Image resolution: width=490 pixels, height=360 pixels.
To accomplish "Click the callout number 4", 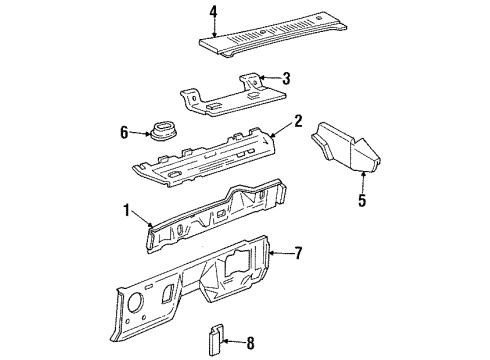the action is (x=213, y=12).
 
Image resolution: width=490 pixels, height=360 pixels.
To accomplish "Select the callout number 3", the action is (x=286, y=79).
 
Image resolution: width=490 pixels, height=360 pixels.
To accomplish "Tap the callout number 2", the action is (x=298, y=121).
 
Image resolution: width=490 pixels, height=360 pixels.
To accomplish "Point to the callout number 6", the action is (x=124, y=133).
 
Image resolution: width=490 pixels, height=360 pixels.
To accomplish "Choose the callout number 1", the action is (x=126, y=211).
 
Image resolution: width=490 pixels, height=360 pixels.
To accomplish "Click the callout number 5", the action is (x=362, y=200).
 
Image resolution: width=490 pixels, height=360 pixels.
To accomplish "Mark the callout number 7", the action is (x=298, y=253).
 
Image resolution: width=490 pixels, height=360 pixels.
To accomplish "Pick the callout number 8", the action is (x=250, y=343).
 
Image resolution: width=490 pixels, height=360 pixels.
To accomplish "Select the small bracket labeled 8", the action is (x=216, y=339).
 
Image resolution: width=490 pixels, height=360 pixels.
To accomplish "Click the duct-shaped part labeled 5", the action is (x=347, y=148).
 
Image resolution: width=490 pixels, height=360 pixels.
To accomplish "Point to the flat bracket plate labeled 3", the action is (x=233, y=96).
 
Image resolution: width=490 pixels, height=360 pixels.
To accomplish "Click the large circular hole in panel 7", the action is (x=135, y=302).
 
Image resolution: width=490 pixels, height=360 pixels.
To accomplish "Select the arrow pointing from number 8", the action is (x=234, y=341).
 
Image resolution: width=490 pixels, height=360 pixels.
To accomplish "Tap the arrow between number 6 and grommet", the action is (x=140, y=134).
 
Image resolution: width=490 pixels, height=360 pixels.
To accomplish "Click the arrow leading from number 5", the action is (x=363, y=182).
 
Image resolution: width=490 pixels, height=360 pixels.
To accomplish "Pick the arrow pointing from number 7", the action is (x=281, y=254).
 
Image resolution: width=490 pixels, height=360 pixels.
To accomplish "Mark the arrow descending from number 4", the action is (x=215, y=28).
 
